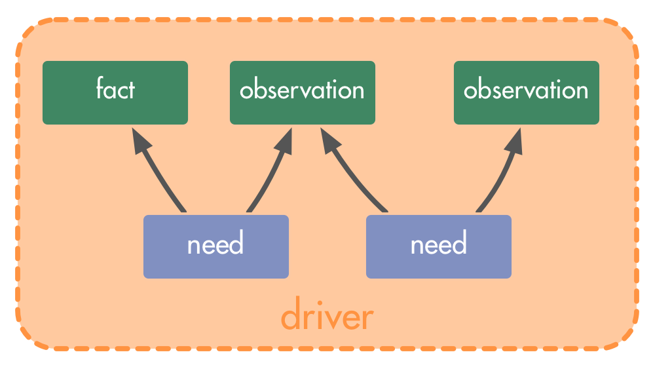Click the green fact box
[115, 92]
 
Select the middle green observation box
[303, 92]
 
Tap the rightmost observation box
[527, 92]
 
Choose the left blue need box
[216, 246]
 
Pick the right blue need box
[439, 246]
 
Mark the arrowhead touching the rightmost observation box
[514, 141]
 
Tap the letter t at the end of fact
[130, 89]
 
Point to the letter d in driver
[291, 313]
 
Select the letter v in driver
[334, 319]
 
